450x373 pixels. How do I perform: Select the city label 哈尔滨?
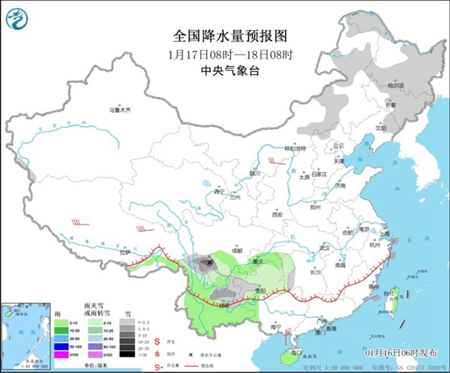pos(395,85)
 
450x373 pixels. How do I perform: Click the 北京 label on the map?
pos(338,145)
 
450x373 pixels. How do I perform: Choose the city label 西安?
pos(278,214)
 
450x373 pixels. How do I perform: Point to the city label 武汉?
pos(325,246)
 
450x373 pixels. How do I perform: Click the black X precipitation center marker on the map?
pos(209,263)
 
